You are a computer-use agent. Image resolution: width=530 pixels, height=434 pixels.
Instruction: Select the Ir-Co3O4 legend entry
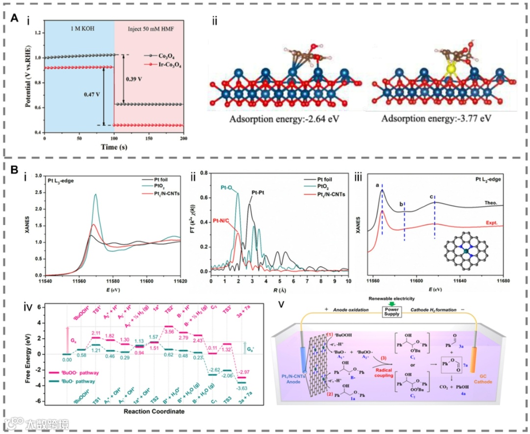tap(164, 64)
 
